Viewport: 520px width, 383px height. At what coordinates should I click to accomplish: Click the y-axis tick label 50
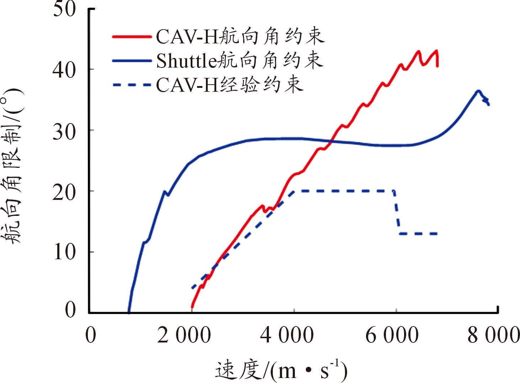click(64, 10)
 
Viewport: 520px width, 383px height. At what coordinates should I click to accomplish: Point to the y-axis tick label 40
click(64, 70)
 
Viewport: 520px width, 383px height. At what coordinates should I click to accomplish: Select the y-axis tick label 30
click(64, 131)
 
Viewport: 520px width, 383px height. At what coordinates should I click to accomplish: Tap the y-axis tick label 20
click(64, 192)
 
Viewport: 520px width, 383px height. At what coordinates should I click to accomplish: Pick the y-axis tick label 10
click(64, 253)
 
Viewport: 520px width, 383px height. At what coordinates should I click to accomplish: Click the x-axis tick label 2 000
click(184, 336)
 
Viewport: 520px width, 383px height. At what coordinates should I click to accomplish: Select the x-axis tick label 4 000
click(287, 336)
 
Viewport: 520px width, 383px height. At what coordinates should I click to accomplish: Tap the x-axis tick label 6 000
click(392, 336)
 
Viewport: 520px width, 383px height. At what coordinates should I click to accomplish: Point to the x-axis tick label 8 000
click(494, 336)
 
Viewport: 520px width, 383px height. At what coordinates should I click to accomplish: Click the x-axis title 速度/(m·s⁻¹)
click(281, 370)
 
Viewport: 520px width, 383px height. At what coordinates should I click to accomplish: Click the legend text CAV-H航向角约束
click(240, 37)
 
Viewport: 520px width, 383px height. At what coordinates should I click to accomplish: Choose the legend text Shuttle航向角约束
click(240, 61)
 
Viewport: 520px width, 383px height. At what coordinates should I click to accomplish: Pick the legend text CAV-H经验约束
click(230, 85)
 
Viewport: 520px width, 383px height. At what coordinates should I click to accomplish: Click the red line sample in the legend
click(132, 37)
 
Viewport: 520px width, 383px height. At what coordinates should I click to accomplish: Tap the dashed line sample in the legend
click(132, 85)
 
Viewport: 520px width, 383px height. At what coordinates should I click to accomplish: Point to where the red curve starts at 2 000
click(192, 307)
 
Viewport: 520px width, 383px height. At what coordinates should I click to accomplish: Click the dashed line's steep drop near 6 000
click(397, 213)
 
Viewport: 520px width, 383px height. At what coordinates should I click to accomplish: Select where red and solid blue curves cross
click(331, 142)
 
